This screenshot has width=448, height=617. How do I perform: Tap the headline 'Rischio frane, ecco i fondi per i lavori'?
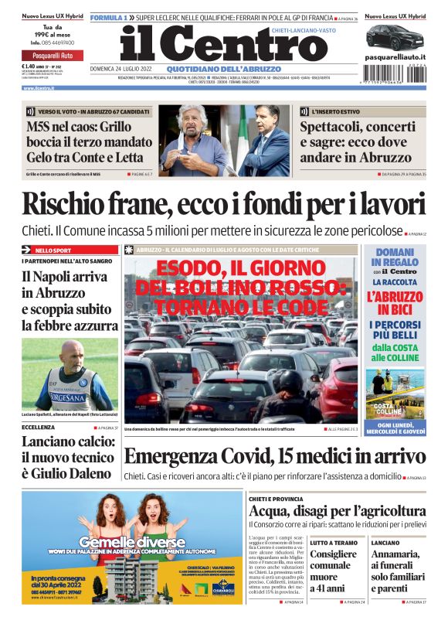(x=224, y=205)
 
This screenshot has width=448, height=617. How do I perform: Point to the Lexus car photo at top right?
(x=395, y=37)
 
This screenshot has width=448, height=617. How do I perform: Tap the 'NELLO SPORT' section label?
(x=53, y=251)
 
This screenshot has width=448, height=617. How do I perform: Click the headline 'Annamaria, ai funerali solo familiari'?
(x=397, y=571)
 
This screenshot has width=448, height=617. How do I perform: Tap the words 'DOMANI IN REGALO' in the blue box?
(x=395, y=258)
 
